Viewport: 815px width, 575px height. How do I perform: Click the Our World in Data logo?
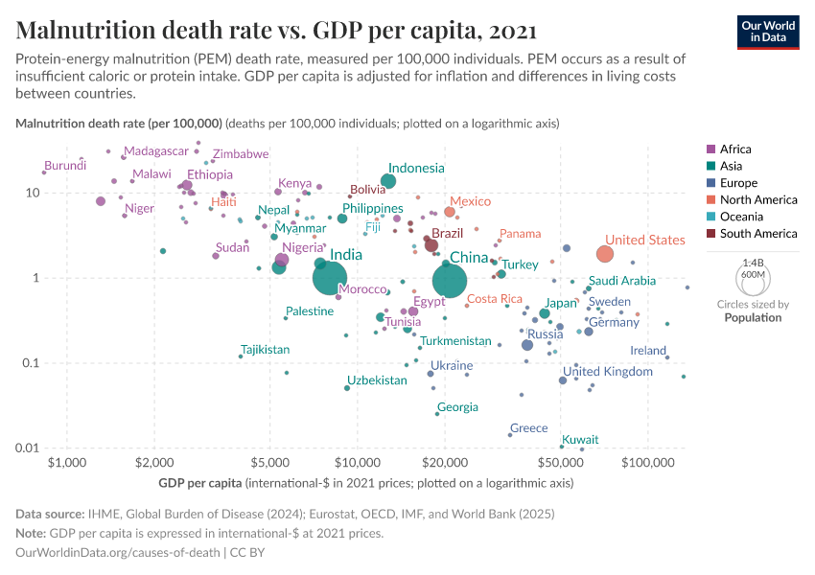click(x=768, y=32)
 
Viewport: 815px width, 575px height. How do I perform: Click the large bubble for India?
click(x=330, y=278)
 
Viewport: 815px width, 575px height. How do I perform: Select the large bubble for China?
click(x=450, y=281)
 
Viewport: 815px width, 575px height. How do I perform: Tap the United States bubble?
click(x=605, y=254)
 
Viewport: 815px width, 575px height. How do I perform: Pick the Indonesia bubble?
click(x=388, y=181)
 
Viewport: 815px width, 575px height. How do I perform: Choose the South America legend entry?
click(x=757, y=234)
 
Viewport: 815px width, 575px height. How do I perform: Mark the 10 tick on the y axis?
click(x=32, y=193)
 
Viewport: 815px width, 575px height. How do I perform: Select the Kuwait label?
click(x=580, y=440)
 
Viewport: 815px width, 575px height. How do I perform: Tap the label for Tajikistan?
click(x=265, y=350)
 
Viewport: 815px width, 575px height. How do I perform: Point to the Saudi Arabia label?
click(x=621, y=281)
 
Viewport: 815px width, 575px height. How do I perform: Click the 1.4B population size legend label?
click(x=753, y=262)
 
